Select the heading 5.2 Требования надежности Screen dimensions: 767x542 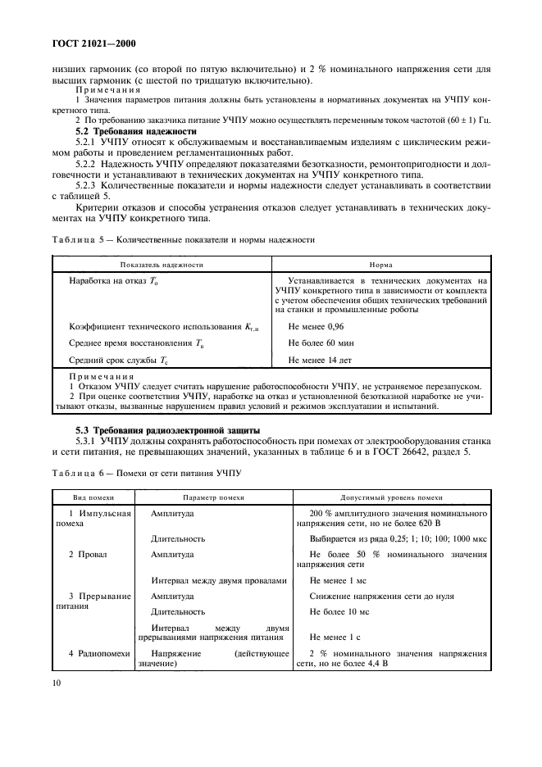134,132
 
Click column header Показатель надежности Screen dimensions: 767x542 162,265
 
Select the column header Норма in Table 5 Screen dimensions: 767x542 380,265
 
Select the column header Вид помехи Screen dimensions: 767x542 92,497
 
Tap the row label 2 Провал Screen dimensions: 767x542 84,555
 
